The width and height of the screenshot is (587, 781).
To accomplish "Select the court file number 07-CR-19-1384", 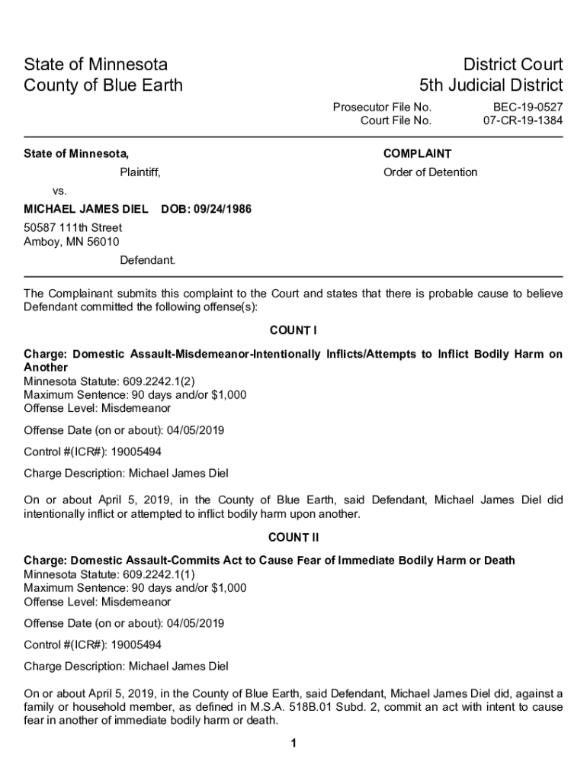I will [523, 121].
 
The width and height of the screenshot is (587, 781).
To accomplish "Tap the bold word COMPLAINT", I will [417, 154].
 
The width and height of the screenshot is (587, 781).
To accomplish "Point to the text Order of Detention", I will [430, 172].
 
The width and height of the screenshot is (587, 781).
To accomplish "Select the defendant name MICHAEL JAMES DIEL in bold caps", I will [86, 209].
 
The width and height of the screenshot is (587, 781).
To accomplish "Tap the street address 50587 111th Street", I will [73, 228].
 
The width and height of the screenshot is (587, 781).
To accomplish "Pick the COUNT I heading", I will [293, 330].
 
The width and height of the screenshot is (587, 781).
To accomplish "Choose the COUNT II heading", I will [293, 538].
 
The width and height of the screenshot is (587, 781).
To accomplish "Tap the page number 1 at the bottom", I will [293, 744].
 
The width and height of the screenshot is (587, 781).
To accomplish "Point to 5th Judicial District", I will [491, 85].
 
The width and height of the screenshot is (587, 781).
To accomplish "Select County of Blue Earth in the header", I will [104, 85].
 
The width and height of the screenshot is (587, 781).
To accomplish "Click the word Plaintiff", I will [140, 172].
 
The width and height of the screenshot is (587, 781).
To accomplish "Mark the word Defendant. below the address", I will [147, 260].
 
